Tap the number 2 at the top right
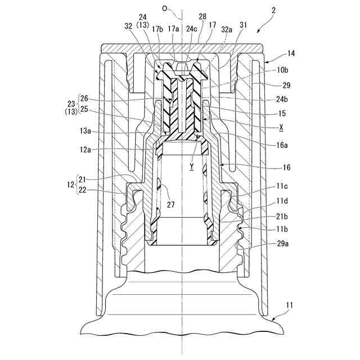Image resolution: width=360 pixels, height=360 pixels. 273,10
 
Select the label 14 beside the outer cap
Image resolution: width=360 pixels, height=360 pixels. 291,54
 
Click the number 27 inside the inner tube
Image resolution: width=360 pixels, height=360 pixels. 171,205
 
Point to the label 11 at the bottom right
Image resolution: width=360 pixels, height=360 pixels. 289,305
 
